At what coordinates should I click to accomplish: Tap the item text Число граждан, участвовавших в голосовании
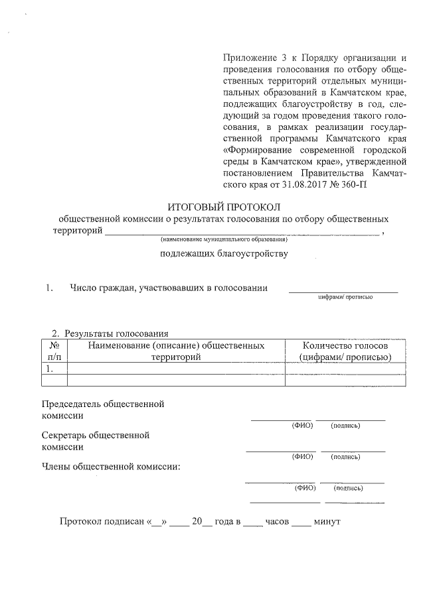point(169,288)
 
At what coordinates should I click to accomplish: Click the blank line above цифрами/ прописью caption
point(343,291)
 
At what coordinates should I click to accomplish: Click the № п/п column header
point(55,351)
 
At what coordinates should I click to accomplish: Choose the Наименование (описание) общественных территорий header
point(176,351)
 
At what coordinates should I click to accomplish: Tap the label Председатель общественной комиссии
point(103,409)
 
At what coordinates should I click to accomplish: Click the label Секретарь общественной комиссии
point(96,441)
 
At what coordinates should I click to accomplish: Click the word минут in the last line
point(327,522)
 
